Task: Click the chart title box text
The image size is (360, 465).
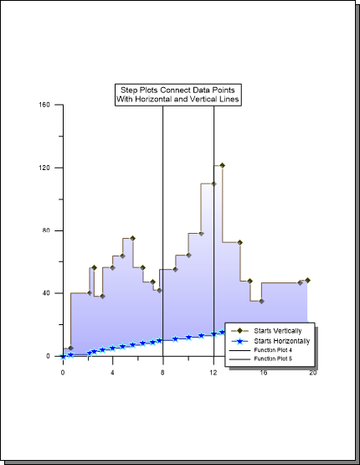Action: pyautogui.click(x=177, y=95)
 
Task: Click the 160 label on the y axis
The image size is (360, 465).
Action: pyautogui.click(x=44, y=105)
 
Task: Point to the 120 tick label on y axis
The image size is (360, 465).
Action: pyautogui.click(x=44, y=168)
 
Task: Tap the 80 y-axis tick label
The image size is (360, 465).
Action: pyautogui.click(x=46, y=230)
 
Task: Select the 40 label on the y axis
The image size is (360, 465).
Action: pyautogui.click(x=46, y=293)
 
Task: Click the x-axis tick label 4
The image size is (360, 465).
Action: pyautogui.click(x=112, y=373)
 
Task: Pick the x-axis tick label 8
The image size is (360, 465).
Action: pyautogui.click(x=162, y=373)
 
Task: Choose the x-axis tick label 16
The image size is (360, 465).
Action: pyautogui.click(x=264, y=373)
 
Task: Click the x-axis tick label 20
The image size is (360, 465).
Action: pyautogui.click(x=313, y=373)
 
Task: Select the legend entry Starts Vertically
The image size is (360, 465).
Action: pyautogui.click(x=278, y=331)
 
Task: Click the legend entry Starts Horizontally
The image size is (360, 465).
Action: pyautogui.click(x=282, y=341)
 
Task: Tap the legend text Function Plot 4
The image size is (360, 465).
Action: pyautogui.click(x=273, y=350)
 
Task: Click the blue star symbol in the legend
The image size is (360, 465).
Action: pyautogui.click(x=239, y=341)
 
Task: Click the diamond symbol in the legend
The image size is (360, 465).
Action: pyautogui.click(x=239, y=331)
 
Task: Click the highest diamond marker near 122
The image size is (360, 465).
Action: pyautogui.click(x=222, y=166)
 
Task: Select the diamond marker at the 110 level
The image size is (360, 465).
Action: pyautogui.click(x=213, y=183)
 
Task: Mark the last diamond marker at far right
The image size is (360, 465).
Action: pyautogui.click(x=307, y=280)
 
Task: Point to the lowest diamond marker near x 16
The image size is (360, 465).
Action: pyautogui.click(x=261, y=302)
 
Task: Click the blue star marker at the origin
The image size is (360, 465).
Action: pyautogui.click(x=63, y=357)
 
